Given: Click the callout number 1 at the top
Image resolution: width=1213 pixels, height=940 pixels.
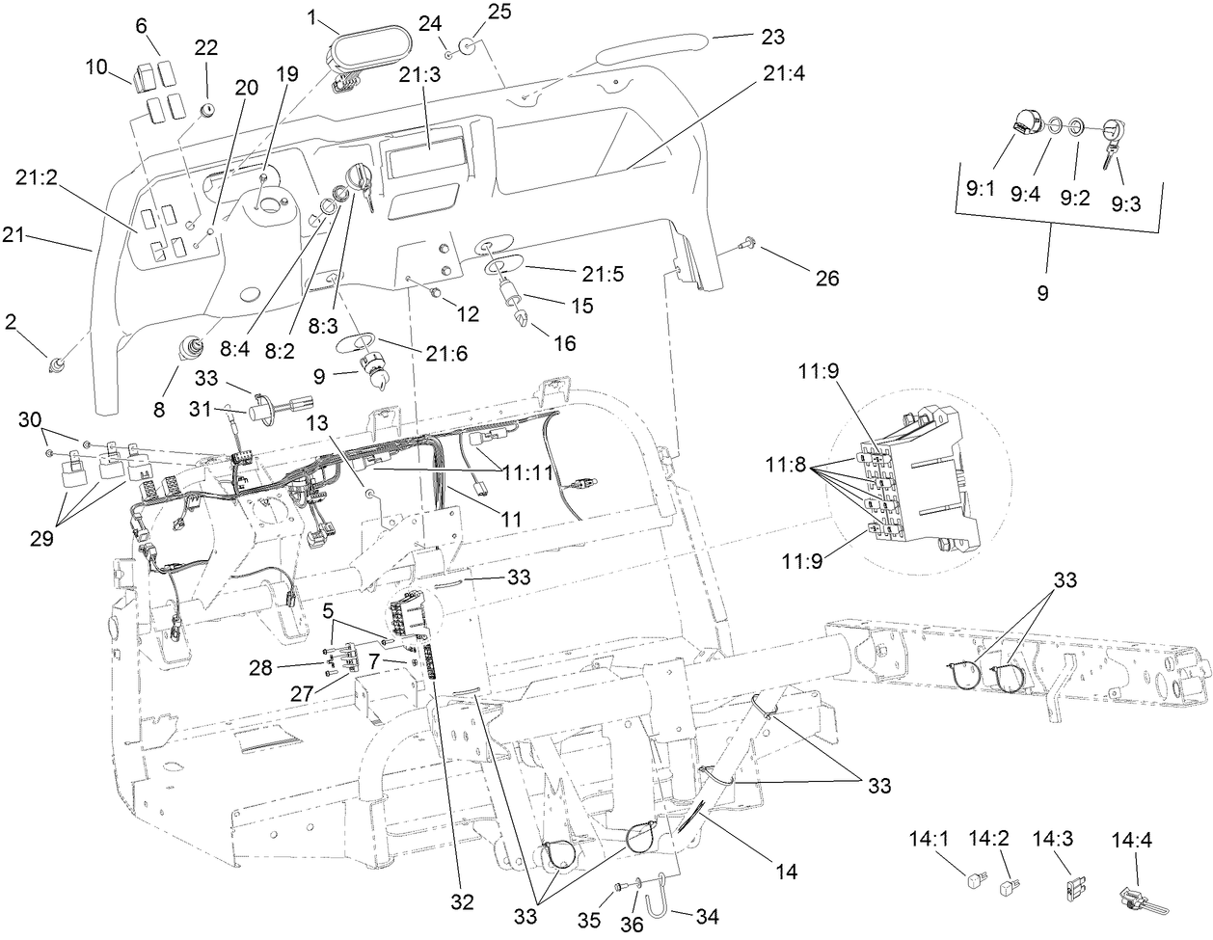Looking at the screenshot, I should click(312, 16).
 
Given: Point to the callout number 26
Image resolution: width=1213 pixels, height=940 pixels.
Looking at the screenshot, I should click(826, 279).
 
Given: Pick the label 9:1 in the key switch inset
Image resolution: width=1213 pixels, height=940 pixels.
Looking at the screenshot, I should click(981, 190).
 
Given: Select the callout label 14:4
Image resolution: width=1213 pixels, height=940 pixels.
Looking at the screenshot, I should click(1133, 839).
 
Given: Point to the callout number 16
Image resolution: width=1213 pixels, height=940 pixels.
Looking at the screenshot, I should click(564, 342).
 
